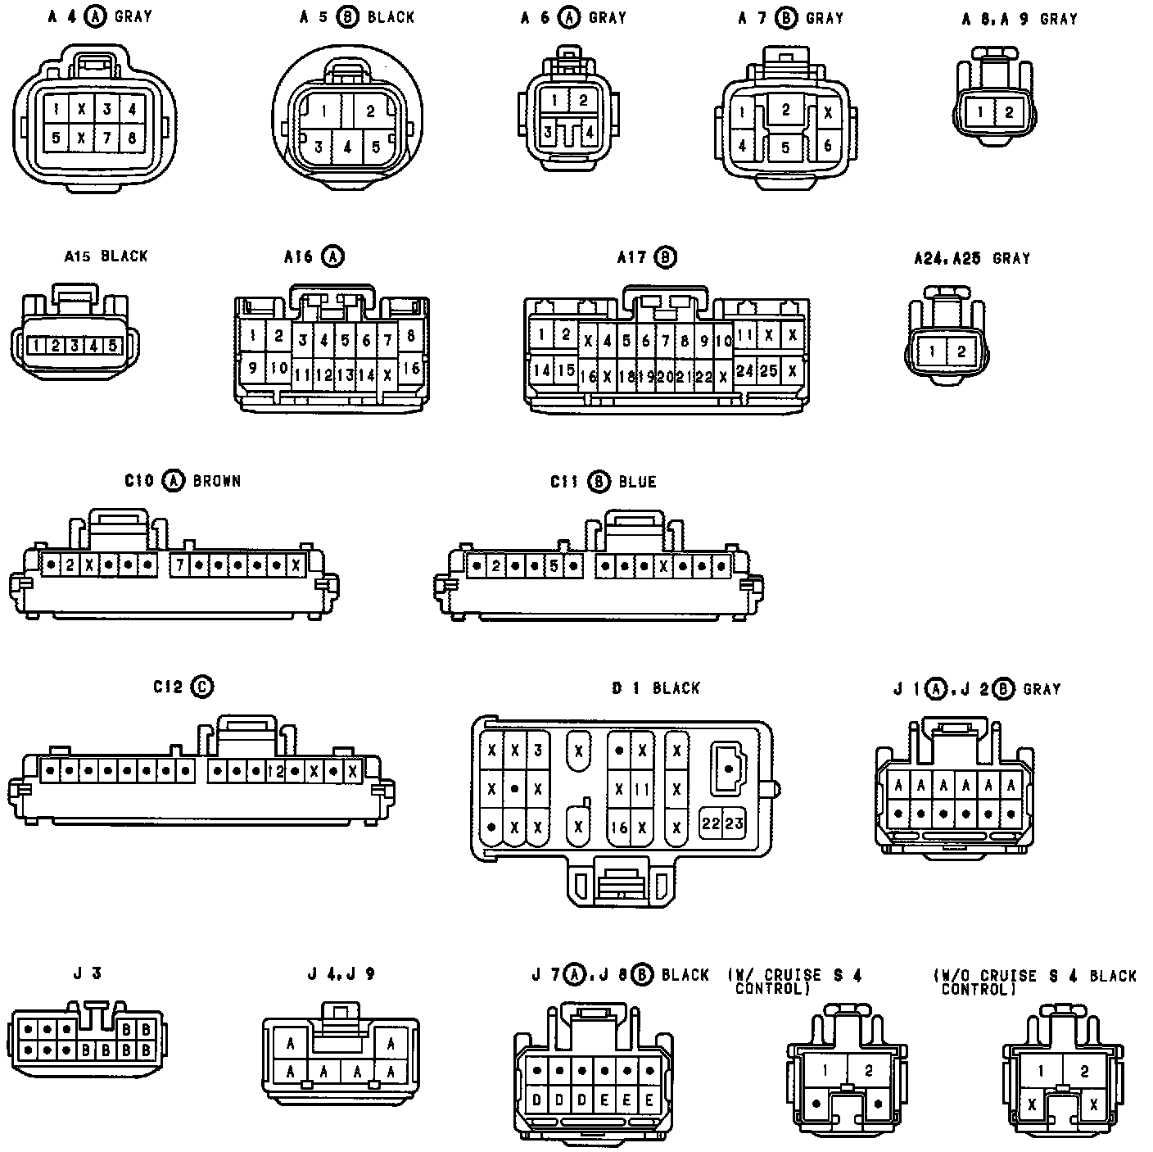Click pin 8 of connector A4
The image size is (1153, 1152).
click(x=132, y=138)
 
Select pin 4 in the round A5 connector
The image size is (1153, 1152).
click(x=348, y=147)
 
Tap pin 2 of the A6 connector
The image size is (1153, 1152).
click(x=583, y=101)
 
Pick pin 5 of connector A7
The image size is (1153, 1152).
click(x=785, y=147)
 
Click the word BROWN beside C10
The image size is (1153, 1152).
click(x=217, y=481)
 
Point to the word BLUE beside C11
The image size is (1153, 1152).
click(x=637, y=482)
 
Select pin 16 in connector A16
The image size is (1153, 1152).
click(x=412, y=369)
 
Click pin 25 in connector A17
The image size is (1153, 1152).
click(x=768, y=370)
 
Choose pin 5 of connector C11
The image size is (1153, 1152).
click(x=554, y=565)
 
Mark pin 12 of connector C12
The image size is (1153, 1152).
click(x=275, y=771)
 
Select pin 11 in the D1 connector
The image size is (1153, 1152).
click(x=641, y=789)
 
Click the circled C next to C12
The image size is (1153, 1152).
click(x=201, y=687)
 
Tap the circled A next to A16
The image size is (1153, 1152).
click(x=332, y=256)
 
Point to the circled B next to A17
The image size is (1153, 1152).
click(x=666, y=258)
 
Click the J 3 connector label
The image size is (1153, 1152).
click(x=87, y=973)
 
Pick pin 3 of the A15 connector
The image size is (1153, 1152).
click(x=75, y=346)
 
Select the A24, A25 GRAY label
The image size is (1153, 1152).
click(x=971, y=259)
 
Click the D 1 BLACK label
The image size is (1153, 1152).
click(x=656, y=688)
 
